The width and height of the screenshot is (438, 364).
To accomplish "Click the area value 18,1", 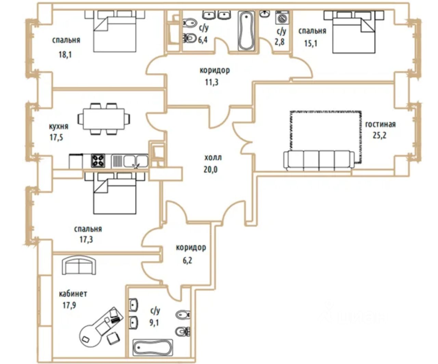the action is tap(65, 54).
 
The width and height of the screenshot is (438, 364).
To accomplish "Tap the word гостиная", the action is tap(380, 124).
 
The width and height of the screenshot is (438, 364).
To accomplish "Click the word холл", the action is tap(213, 158).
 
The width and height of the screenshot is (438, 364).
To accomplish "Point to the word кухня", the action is tap(59, 126).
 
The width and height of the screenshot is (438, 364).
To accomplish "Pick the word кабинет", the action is tap(73, 294).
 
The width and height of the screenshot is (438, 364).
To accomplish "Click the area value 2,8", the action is tap(281, 42).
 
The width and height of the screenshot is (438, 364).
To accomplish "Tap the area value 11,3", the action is tap(212, 82).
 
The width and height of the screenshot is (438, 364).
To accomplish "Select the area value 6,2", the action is tap(187, 260).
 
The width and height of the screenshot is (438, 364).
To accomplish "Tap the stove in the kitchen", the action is tap(98, 161).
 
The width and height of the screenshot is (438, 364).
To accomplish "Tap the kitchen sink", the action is tap(135, 160).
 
